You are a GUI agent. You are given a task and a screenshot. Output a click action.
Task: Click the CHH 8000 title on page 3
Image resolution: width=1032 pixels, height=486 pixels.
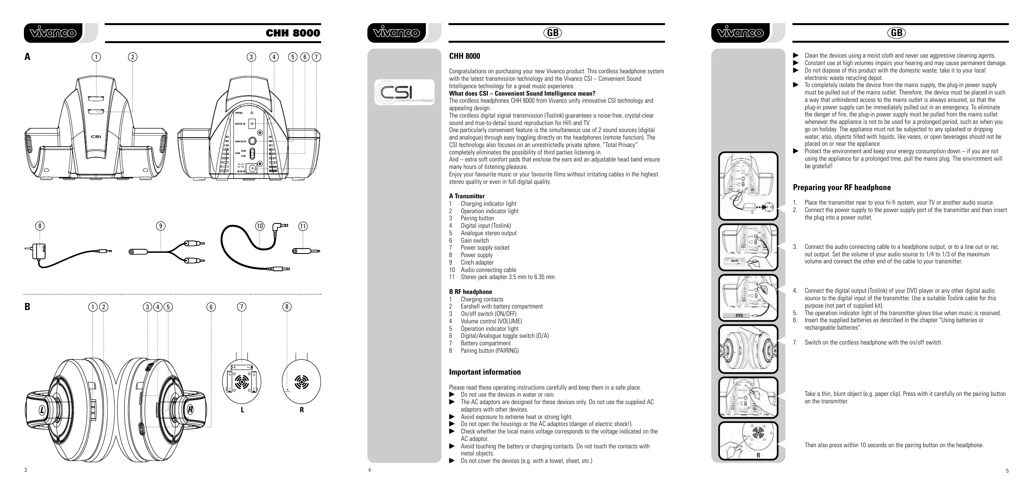pyautogui.click(x=293, y=33)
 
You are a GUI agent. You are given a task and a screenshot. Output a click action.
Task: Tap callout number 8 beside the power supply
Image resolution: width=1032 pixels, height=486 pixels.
pyautogui.click(x=40, y=226)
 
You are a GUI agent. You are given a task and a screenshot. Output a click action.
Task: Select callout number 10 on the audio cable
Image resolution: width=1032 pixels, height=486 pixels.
pyautogui.click(x=260, y=226)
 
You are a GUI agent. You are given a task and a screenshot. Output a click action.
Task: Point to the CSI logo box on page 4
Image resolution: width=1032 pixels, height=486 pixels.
pyautogui.click(x=404, y=92)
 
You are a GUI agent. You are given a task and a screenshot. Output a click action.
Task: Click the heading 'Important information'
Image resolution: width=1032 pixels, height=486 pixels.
pyautogui.click(x=485, y=372)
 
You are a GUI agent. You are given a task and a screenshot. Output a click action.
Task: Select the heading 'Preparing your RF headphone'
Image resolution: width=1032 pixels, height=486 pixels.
pyautogui.click(x=842, y=187)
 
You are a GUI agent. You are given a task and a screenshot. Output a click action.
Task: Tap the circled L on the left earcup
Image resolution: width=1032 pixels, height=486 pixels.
pyautogui.click(x=42, y=410)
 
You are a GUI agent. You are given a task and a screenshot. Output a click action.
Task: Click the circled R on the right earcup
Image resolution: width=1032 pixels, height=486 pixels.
pyautogui.click(x=190, y=410)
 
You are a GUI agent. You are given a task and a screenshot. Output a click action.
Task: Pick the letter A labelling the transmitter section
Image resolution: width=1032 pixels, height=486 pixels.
pyautogui.click(x=27, y=57)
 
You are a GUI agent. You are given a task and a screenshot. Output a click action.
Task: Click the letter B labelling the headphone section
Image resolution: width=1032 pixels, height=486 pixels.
pyautogui.click(x=27, y=306)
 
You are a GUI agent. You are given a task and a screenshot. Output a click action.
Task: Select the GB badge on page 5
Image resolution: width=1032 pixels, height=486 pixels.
pyautogui.click(x=896, y=33)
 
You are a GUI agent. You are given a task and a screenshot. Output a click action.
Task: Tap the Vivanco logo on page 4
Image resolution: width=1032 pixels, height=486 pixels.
pyautogui.click(x=397, y=33)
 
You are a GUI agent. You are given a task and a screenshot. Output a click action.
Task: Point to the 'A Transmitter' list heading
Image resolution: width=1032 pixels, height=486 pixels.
pyautogui.click(x=467, y=196)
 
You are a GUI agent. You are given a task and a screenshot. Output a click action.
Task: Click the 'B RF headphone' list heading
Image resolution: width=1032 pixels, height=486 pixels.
pyautogui.click(x=471, y=292)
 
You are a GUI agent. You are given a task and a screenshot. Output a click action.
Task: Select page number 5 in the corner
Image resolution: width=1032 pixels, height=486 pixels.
pyautogui.click(x=1007, y=471)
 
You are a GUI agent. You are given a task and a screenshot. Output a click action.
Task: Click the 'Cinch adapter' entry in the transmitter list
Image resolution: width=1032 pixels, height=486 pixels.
pyautogui.click(x=477, y=263)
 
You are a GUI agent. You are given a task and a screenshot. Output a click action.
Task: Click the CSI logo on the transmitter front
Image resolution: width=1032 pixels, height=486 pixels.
pyautogui.click(x=96, y=136)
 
